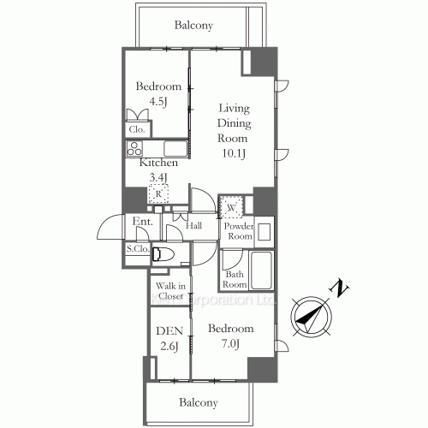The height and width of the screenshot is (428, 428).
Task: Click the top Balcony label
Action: click(193, 26)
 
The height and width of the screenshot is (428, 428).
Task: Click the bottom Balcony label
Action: click(198, 402)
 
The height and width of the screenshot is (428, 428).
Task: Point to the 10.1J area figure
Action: click(233, 155)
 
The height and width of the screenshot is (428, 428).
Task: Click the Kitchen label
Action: click(158, 163)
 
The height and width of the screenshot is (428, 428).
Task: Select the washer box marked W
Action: click(232, 206)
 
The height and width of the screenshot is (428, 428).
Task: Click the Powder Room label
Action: click(239, 230)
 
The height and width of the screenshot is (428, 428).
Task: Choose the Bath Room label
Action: click(235, 279)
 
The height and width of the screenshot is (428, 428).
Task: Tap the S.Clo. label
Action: click(138, 250)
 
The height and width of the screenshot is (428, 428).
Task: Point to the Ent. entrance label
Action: click(142, 223)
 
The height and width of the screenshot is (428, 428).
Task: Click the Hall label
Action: click(194, 225)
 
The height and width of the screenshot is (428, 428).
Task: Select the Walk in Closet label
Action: click(169, 291)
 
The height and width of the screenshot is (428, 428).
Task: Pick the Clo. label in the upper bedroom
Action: click(137, 129)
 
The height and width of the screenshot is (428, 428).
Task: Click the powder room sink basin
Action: click(264, 230)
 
